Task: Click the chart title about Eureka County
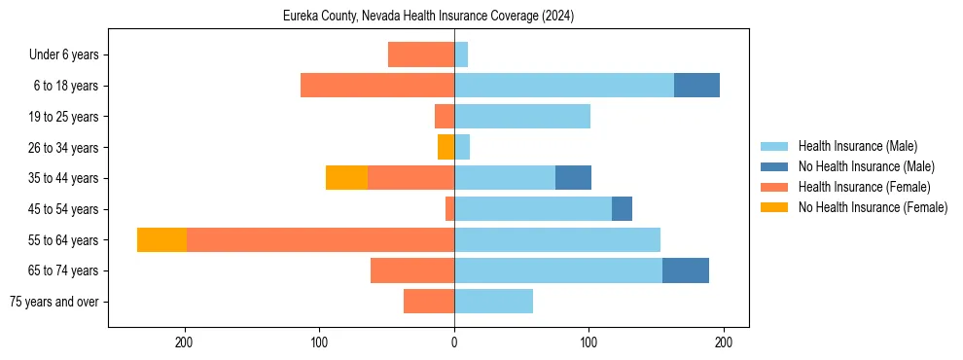[x=428, y=17]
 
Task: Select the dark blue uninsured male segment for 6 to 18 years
[x=696, y=86]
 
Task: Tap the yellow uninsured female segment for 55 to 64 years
[x=161, y=239]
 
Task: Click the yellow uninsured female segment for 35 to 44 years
[x=346, y=178]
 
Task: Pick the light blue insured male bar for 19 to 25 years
[x=522, y=117]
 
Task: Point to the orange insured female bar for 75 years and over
[x=429, y=302]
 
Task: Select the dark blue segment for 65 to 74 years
[x=686, y=270]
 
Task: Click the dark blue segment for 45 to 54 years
[x=622, y=209]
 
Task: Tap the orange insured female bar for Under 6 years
[x=421, y=54]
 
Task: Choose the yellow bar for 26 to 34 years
[x=446, y=147]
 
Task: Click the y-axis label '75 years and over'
[x=54, y=302]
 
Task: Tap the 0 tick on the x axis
[x=454, y=342]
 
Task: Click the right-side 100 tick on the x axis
[x=588, y=342]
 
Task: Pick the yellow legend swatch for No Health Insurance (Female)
[x=775, y=207]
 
